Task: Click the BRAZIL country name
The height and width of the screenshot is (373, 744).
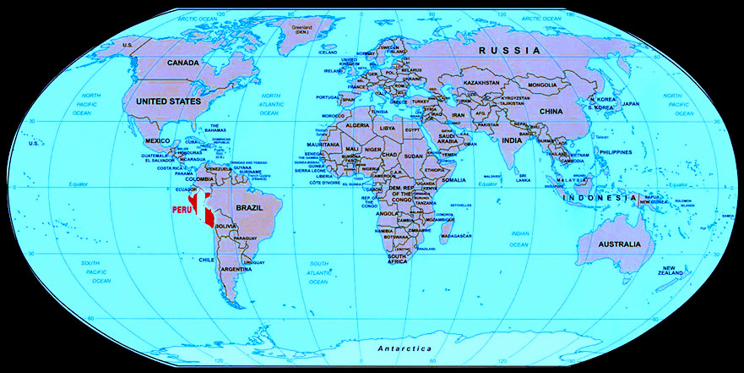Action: point(251,207)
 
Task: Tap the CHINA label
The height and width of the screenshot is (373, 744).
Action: point(551,111)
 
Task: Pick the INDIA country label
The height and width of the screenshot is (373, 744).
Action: point(512,140)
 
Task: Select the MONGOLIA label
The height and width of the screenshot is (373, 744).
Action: point(542,85)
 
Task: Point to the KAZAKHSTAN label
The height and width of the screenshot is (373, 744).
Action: point(482,83)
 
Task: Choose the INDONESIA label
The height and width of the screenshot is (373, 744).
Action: point(604,198)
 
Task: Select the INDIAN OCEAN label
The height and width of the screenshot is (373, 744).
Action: point(519,238)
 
